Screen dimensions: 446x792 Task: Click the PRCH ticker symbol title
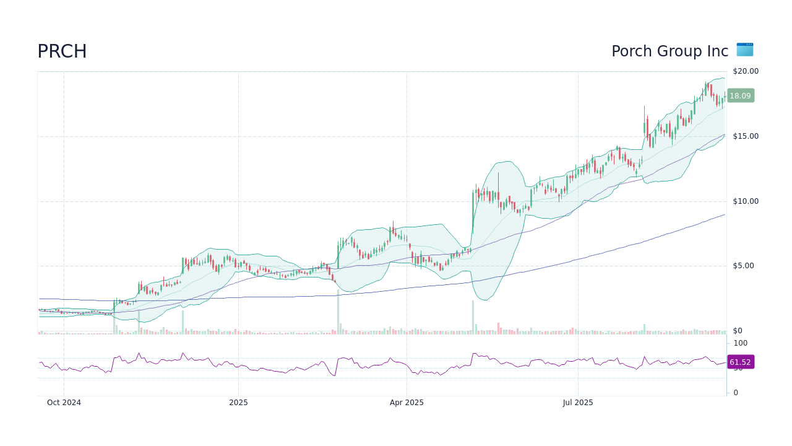62,51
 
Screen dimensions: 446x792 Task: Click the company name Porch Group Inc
669,51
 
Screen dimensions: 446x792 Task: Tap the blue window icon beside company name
745,50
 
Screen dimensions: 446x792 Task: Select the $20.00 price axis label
745,71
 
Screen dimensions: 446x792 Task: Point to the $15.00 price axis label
745,136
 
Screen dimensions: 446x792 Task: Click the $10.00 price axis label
745,201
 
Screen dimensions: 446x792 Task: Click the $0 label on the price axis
737,331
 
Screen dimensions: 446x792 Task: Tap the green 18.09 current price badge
740,96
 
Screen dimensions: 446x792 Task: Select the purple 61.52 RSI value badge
740,362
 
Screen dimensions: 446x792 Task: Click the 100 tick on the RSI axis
740,343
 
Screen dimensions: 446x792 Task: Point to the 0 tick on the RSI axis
736,393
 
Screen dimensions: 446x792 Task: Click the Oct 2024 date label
64,403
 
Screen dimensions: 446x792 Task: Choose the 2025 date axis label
238,403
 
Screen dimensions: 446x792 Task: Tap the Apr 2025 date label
407,403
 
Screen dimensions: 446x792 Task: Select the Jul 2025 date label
578,403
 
